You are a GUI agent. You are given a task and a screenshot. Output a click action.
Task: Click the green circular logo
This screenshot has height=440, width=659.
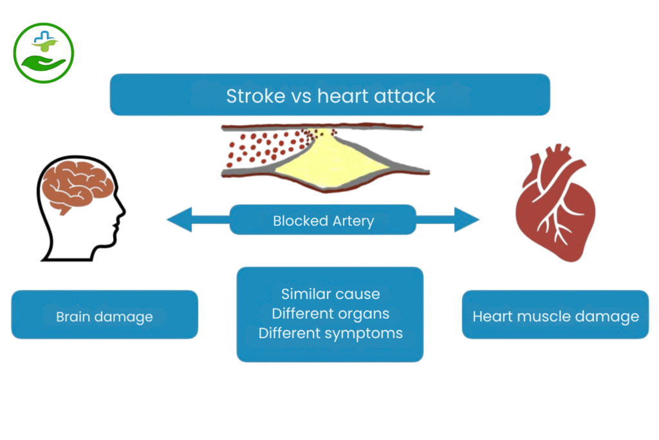[43, 53]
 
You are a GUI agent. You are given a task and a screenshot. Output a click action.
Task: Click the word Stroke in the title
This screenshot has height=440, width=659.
[255, 96]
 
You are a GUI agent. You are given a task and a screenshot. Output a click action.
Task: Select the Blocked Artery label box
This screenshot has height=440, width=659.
[323, 220]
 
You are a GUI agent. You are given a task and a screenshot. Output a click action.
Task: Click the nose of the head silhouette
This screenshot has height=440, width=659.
[122, 213]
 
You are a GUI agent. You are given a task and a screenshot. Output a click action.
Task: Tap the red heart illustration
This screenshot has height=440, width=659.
[554, 204]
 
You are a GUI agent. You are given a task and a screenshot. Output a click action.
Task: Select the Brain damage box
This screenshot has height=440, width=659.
[104, 316]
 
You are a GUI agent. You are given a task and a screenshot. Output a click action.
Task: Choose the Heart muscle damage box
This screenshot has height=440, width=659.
[555, 316]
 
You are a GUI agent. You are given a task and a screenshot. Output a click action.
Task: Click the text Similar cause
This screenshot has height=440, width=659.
[330, 294]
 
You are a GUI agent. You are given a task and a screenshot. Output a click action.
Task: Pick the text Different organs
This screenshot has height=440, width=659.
[330, 314]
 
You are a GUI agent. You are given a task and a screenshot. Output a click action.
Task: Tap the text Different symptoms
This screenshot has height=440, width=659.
[330, 333]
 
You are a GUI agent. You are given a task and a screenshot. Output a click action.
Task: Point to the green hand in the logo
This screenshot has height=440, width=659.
[42, 63]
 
